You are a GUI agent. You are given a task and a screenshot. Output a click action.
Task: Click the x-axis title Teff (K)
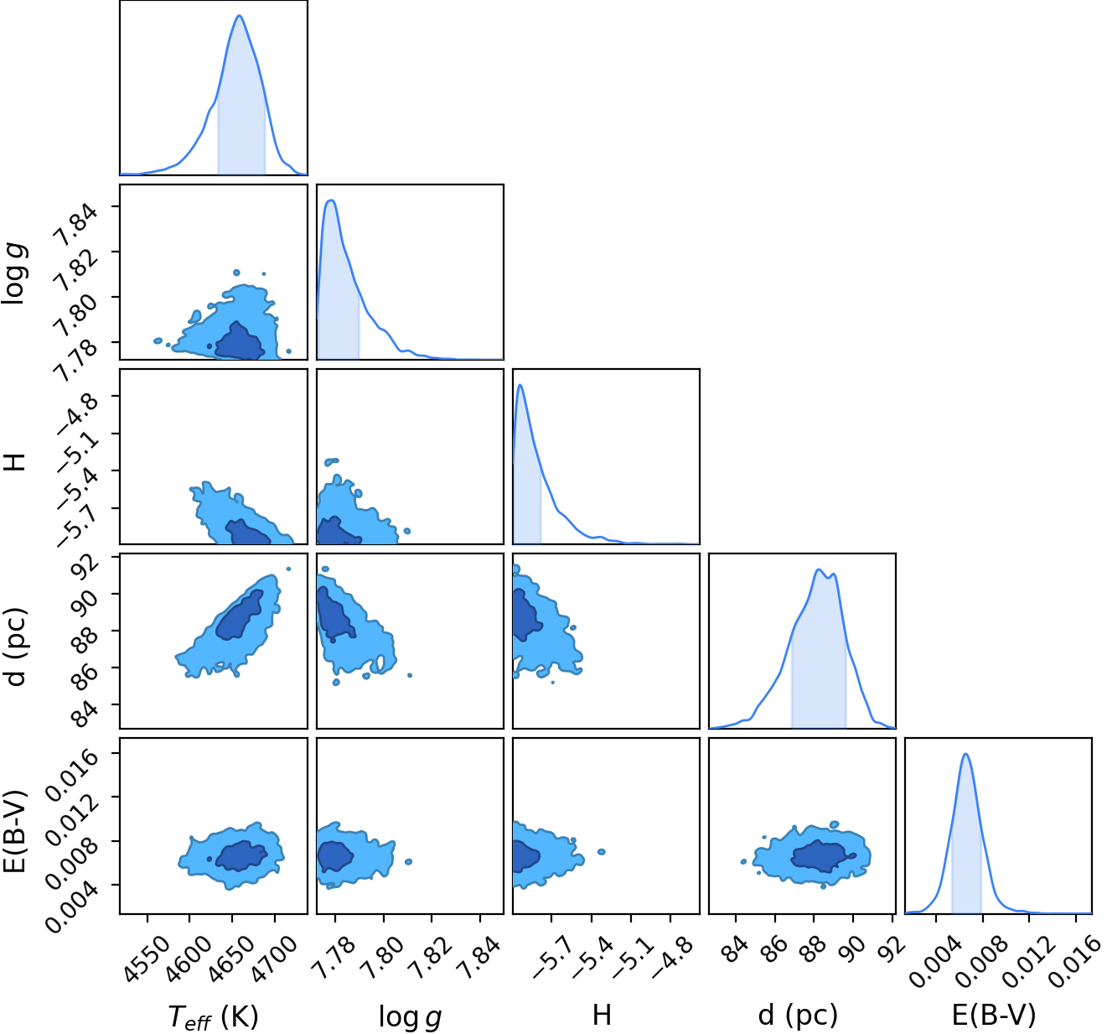[213, 1016]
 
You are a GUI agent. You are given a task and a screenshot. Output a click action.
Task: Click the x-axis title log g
[410, 1016]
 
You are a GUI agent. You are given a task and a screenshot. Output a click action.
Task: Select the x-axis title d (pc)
[799, 1015]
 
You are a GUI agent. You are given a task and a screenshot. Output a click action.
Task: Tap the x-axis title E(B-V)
[994, 1015]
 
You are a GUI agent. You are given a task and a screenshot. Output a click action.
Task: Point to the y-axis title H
[15, 461]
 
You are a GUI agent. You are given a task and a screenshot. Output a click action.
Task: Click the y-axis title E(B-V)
[15, 831]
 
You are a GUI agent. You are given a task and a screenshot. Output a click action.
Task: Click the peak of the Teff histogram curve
[240, 16]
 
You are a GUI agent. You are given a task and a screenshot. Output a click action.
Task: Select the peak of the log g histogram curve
[331, 200]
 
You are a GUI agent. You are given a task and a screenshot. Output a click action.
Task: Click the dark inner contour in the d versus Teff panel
[240, 616]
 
